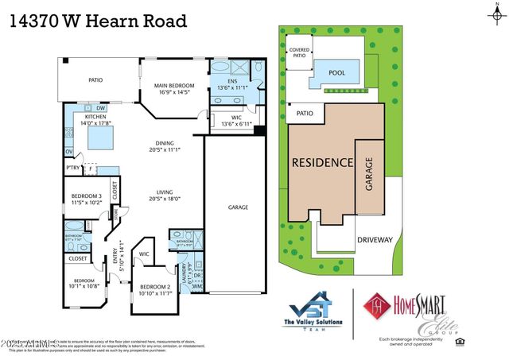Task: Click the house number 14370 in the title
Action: pos(37,21)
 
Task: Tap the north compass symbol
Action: pos(495,11)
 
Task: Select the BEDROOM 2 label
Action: pos(157,289)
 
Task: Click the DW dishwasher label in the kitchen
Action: pos(101,109)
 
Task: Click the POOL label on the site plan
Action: pos(336,71)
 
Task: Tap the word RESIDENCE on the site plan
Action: pos(321,162)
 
